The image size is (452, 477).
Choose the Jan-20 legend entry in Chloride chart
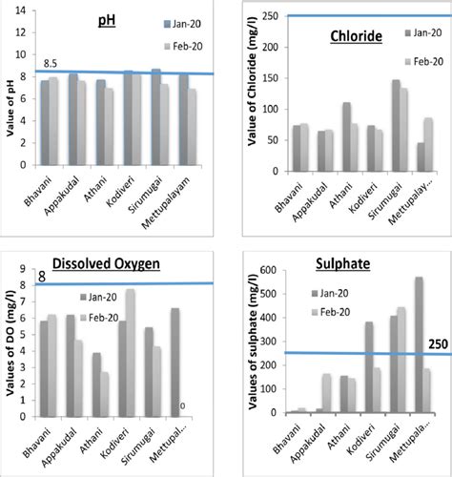[x=409, y=33]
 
